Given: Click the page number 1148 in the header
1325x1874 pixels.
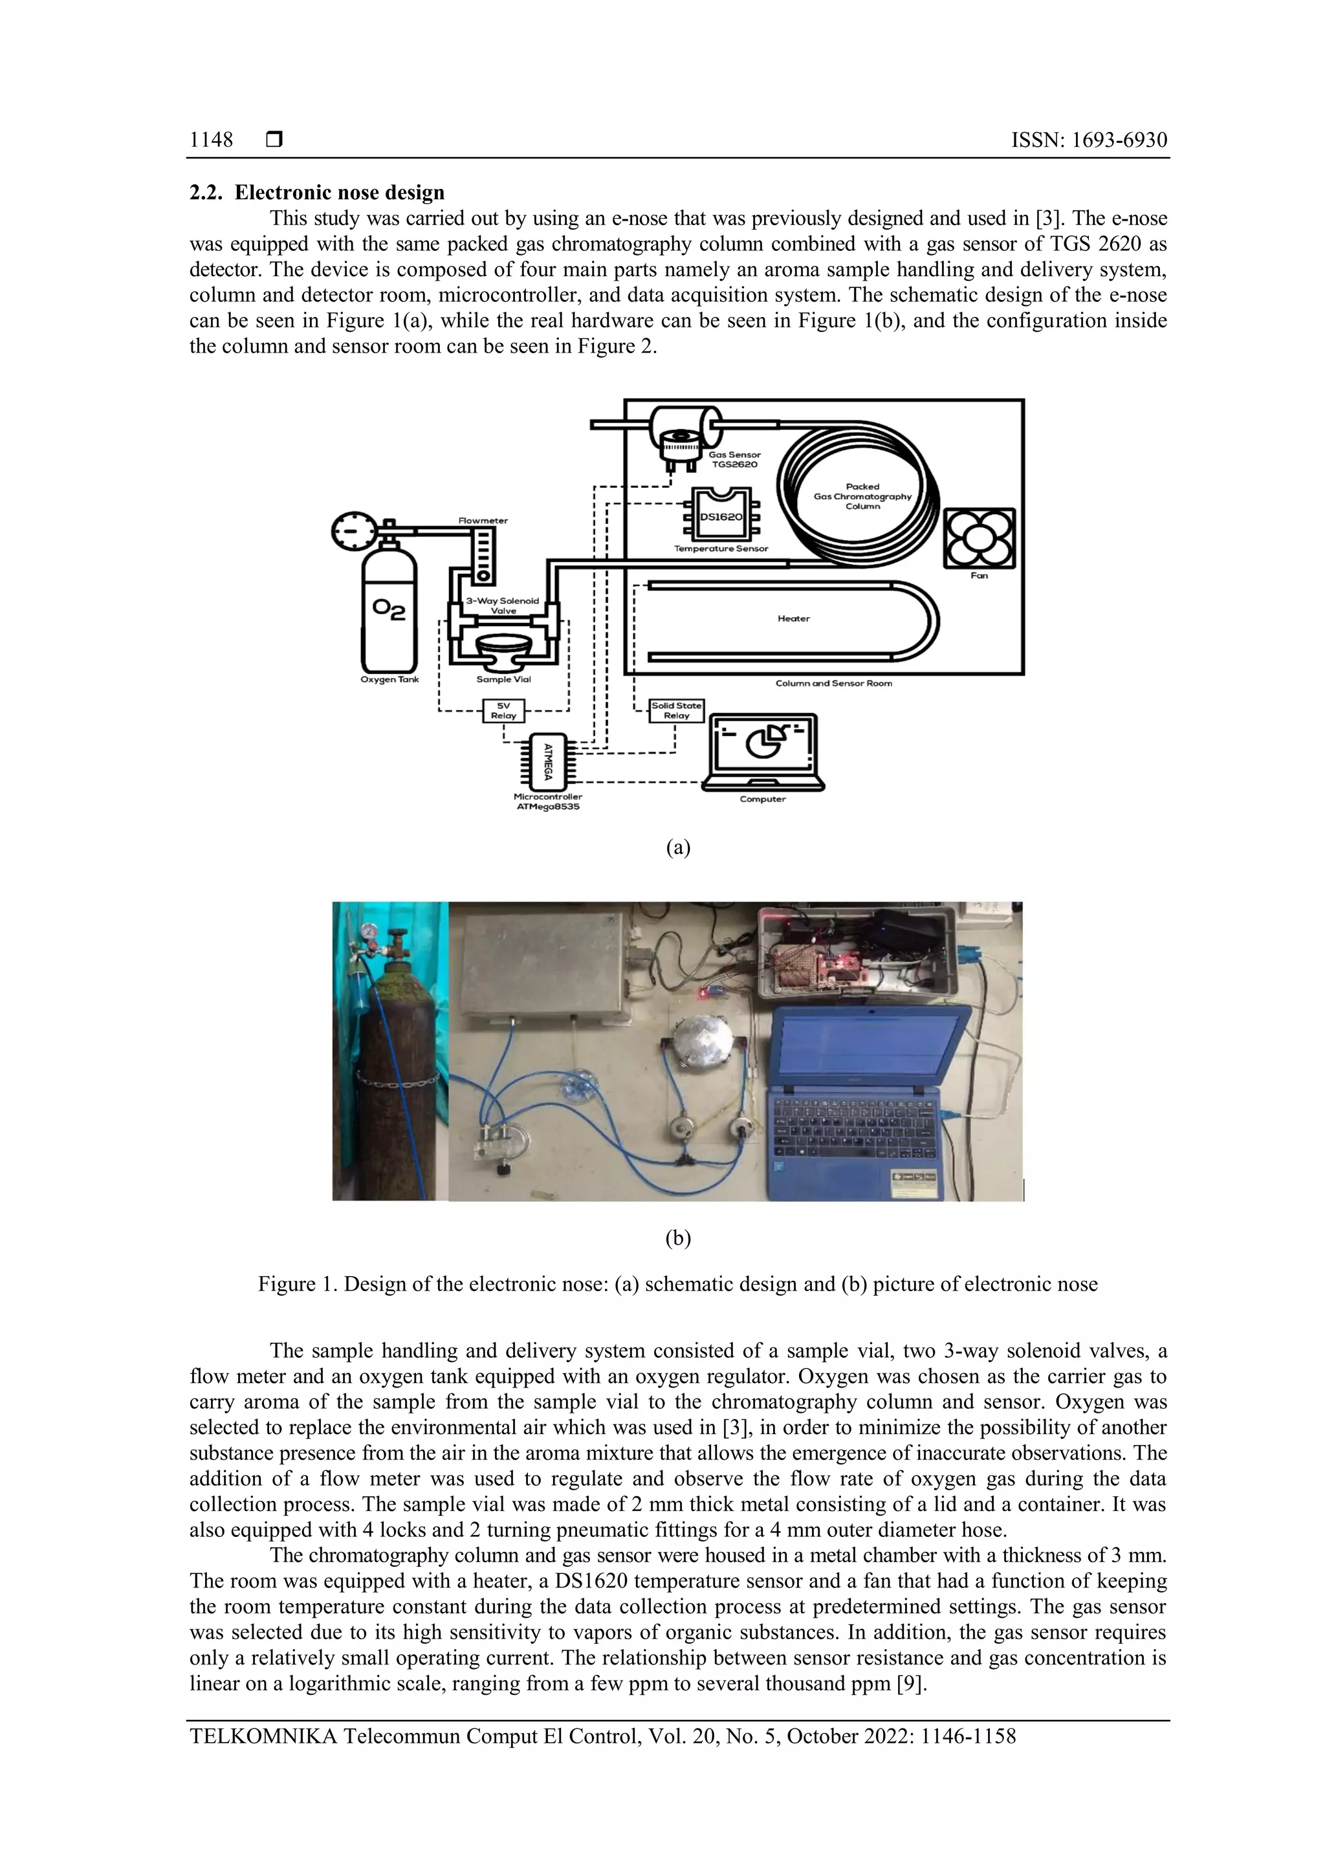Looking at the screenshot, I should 211,140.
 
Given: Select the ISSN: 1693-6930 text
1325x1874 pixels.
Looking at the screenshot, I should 1088,140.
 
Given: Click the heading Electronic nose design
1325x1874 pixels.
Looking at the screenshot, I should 340,193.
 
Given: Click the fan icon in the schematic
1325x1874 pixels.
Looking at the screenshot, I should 979,539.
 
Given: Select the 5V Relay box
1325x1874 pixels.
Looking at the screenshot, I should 504,710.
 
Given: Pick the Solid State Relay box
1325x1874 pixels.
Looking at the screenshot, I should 676,710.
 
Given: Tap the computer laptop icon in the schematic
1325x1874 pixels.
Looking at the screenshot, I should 763,751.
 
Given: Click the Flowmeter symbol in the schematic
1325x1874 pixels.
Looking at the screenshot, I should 483,555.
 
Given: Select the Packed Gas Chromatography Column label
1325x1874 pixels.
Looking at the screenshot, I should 862,496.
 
